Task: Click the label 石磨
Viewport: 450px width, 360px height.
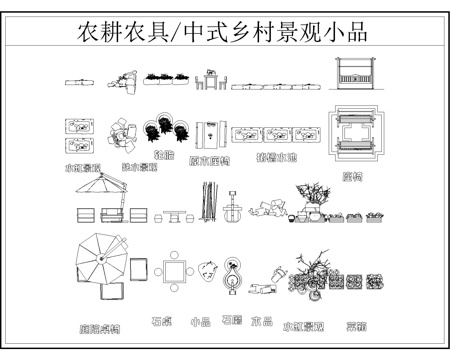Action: point(231,320)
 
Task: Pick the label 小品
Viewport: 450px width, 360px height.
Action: point(200,323)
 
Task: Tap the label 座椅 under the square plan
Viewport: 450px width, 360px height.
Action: point(352,176)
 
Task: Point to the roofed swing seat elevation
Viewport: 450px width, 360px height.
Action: point(353,75)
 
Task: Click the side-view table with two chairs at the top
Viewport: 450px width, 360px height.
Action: point(212,81)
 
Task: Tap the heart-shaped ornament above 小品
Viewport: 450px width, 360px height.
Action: point(209,270)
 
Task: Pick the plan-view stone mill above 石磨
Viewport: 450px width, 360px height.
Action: point(233,274)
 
